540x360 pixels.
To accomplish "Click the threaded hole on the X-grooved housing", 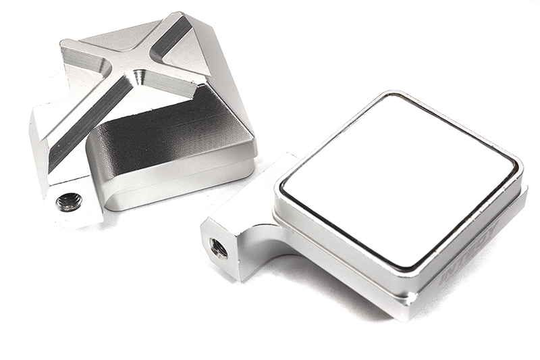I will (x=69, y=201).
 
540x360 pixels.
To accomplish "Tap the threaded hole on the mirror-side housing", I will (x=218, y=248).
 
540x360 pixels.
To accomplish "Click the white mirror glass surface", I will (x=398, y=179).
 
